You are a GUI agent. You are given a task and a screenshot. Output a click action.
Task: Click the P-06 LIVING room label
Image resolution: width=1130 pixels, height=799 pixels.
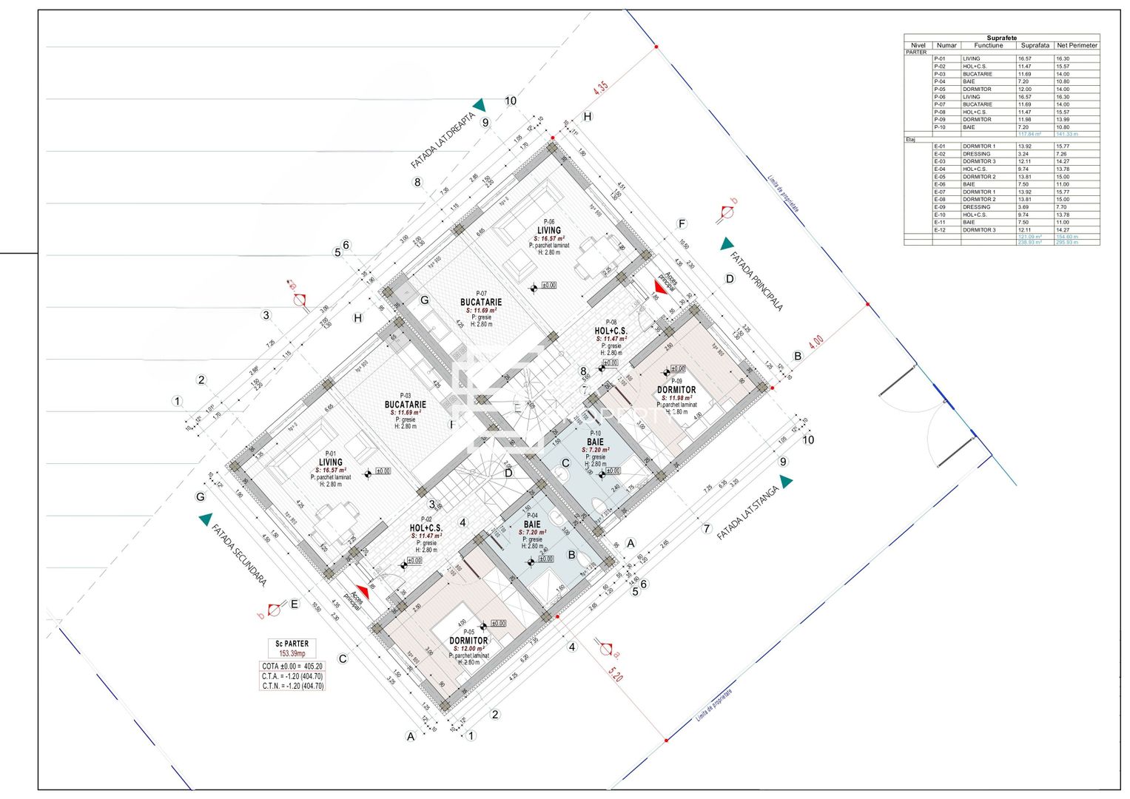[548, 230]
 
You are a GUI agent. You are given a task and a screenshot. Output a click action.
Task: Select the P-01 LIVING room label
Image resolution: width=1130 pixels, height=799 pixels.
[330, 462]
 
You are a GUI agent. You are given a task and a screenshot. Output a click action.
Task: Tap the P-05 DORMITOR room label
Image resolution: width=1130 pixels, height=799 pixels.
[468, 641]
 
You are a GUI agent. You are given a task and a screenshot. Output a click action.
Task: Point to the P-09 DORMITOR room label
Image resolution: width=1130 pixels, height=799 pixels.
[676, 390]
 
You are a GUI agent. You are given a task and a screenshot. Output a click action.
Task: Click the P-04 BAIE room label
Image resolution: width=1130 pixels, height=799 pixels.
[532, 524]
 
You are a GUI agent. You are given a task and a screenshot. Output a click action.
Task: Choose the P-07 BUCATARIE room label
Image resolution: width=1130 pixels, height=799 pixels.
[481, 302]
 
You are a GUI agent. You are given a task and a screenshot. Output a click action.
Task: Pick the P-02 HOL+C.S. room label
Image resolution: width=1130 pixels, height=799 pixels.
[426, 528]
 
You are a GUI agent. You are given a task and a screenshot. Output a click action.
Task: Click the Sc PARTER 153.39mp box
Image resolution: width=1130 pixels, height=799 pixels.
[292, 648]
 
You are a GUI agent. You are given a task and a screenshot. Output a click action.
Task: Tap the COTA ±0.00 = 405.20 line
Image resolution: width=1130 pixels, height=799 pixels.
[292, 667]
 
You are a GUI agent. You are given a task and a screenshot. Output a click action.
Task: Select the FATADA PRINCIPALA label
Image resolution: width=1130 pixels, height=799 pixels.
[756, 281]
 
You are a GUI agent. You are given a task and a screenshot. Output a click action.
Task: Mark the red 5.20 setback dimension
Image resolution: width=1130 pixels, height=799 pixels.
[614, 675]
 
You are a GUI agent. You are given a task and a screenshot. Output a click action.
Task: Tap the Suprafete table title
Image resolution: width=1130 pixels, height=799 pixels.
[1001, 38]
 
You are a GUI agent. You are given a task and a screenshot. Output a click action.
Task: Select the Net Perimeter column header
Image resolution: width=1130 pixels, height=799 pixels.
[1077, 45]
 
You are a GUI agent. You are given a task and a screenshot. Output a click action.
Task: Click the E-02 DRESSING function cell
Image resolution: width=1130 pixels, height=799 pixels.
[977, 154]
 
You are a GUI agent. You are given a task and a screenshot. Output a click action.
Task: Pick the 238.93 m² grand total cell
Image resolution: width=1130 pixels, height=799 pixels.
[1029, 242]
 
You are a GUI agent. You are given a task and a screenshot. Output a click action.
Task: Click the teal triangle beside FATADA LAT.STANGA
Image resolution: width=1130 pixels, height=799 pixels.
[786, 482]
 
